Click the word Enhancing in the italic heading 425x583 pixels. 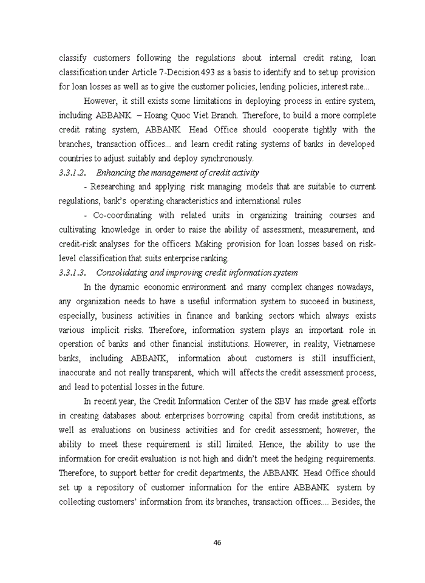coord(116,172)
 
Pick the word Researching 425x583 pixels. coord(112,186)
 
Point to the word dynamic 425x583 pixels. coord(125,287)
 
